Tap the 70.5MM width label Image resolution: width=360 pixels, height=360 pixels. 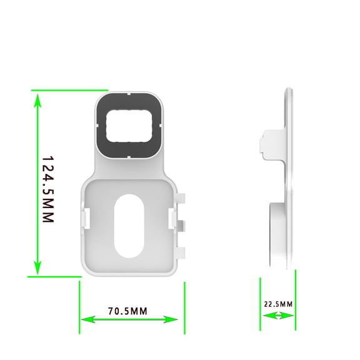[x=127, y=311]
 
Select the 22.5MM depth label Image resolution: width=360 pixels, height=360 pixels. [x=278, y=304]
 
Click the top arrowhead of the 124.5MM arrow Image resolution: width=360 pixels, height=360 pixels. [x=37, y=99]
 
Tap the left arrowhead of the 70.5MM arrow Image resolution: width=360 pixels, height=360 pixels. [x=87, y=319]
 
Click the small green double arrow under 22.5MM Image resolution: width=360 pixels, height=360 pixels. [x=278, y=316]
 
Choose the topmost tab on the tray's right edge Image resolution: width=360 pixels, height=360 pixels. [x=182, y=198]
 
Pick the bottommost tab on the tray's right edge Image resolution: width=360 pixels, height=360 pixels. [x=182, y=252]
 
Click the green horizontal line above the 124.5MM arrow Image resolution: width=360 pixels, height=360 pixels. [x=62, y=90]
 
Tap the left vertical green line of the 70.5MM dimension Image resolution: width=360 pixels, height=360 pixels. [x=79, y=306]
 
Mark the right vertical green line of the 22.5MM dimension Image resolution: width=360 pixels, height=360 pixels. [x=295, y=300]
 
